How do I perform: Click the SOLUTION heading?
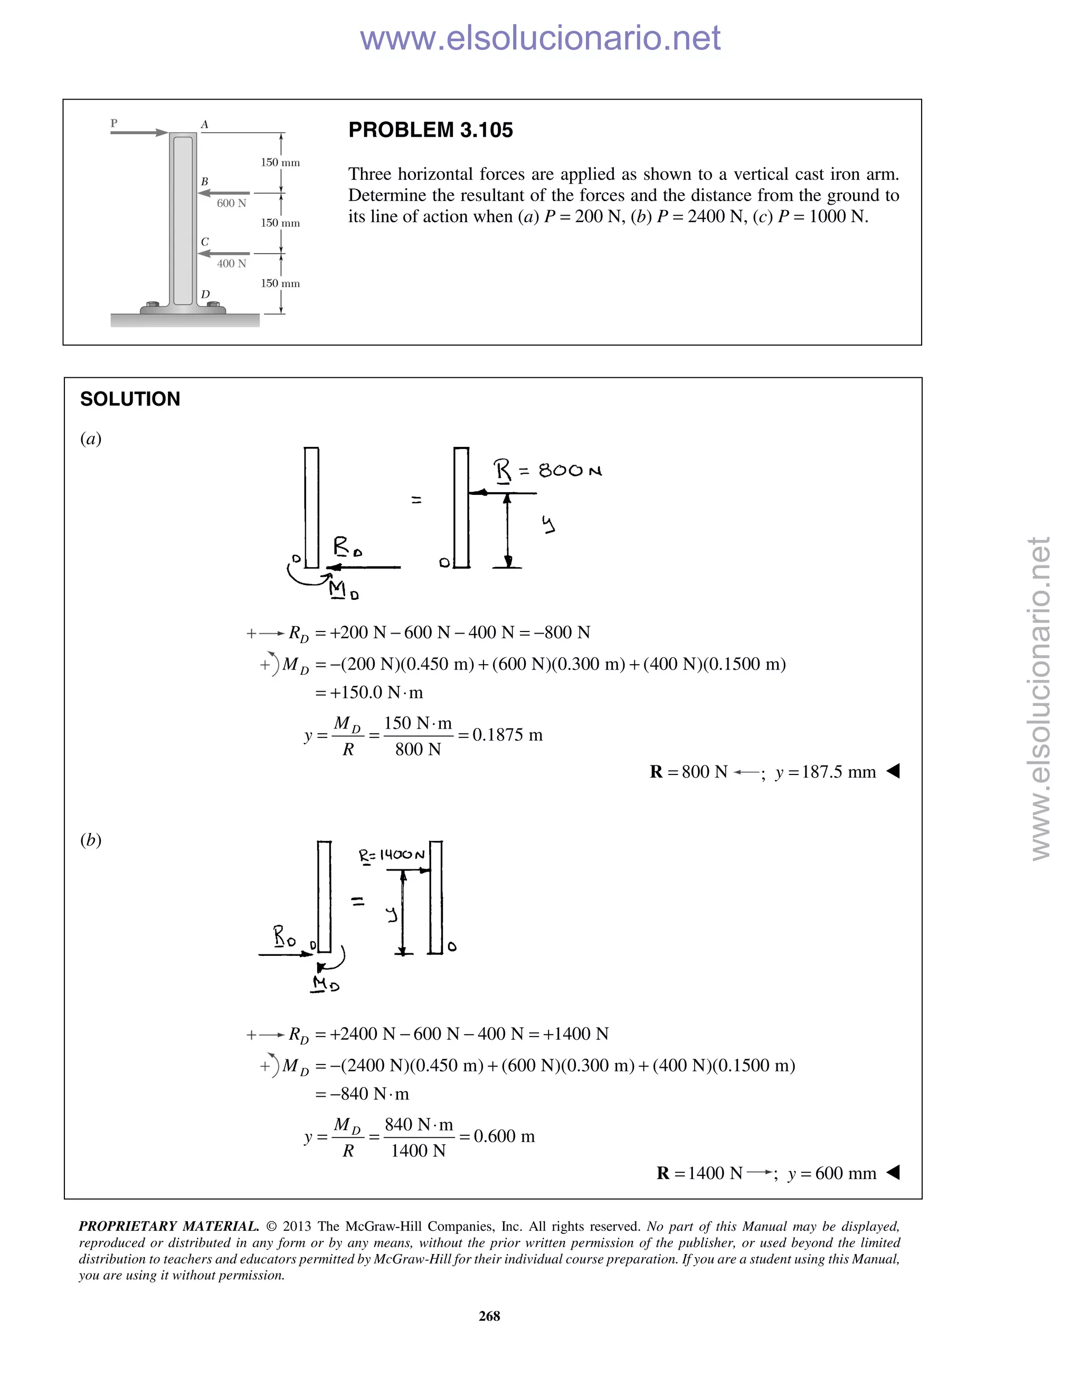click(130, 399)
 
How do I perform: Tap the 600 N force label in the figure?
click(231, 203)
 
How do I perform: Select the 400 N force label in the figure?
click(231, 263)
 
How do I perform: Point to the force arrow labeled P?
click(139, 132)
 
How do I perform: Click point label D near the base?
click(205, 294)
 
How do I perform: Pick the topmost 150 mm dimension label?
click(280, 162)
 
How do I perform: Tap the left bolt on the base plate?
click(153, 305)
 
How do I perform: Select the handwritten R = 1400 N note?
click(391, 855)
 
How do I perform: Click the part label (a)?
click(91, 438)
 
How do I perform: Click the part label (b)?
click(91, 840)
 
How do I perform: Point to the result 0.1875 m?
click(507, 735)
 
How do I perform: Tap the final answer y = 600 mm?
click(831, 1173)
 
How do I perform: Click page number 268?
click(489, 1316)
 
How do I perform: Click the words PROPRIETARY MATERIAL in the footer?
click(168, 1227)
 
